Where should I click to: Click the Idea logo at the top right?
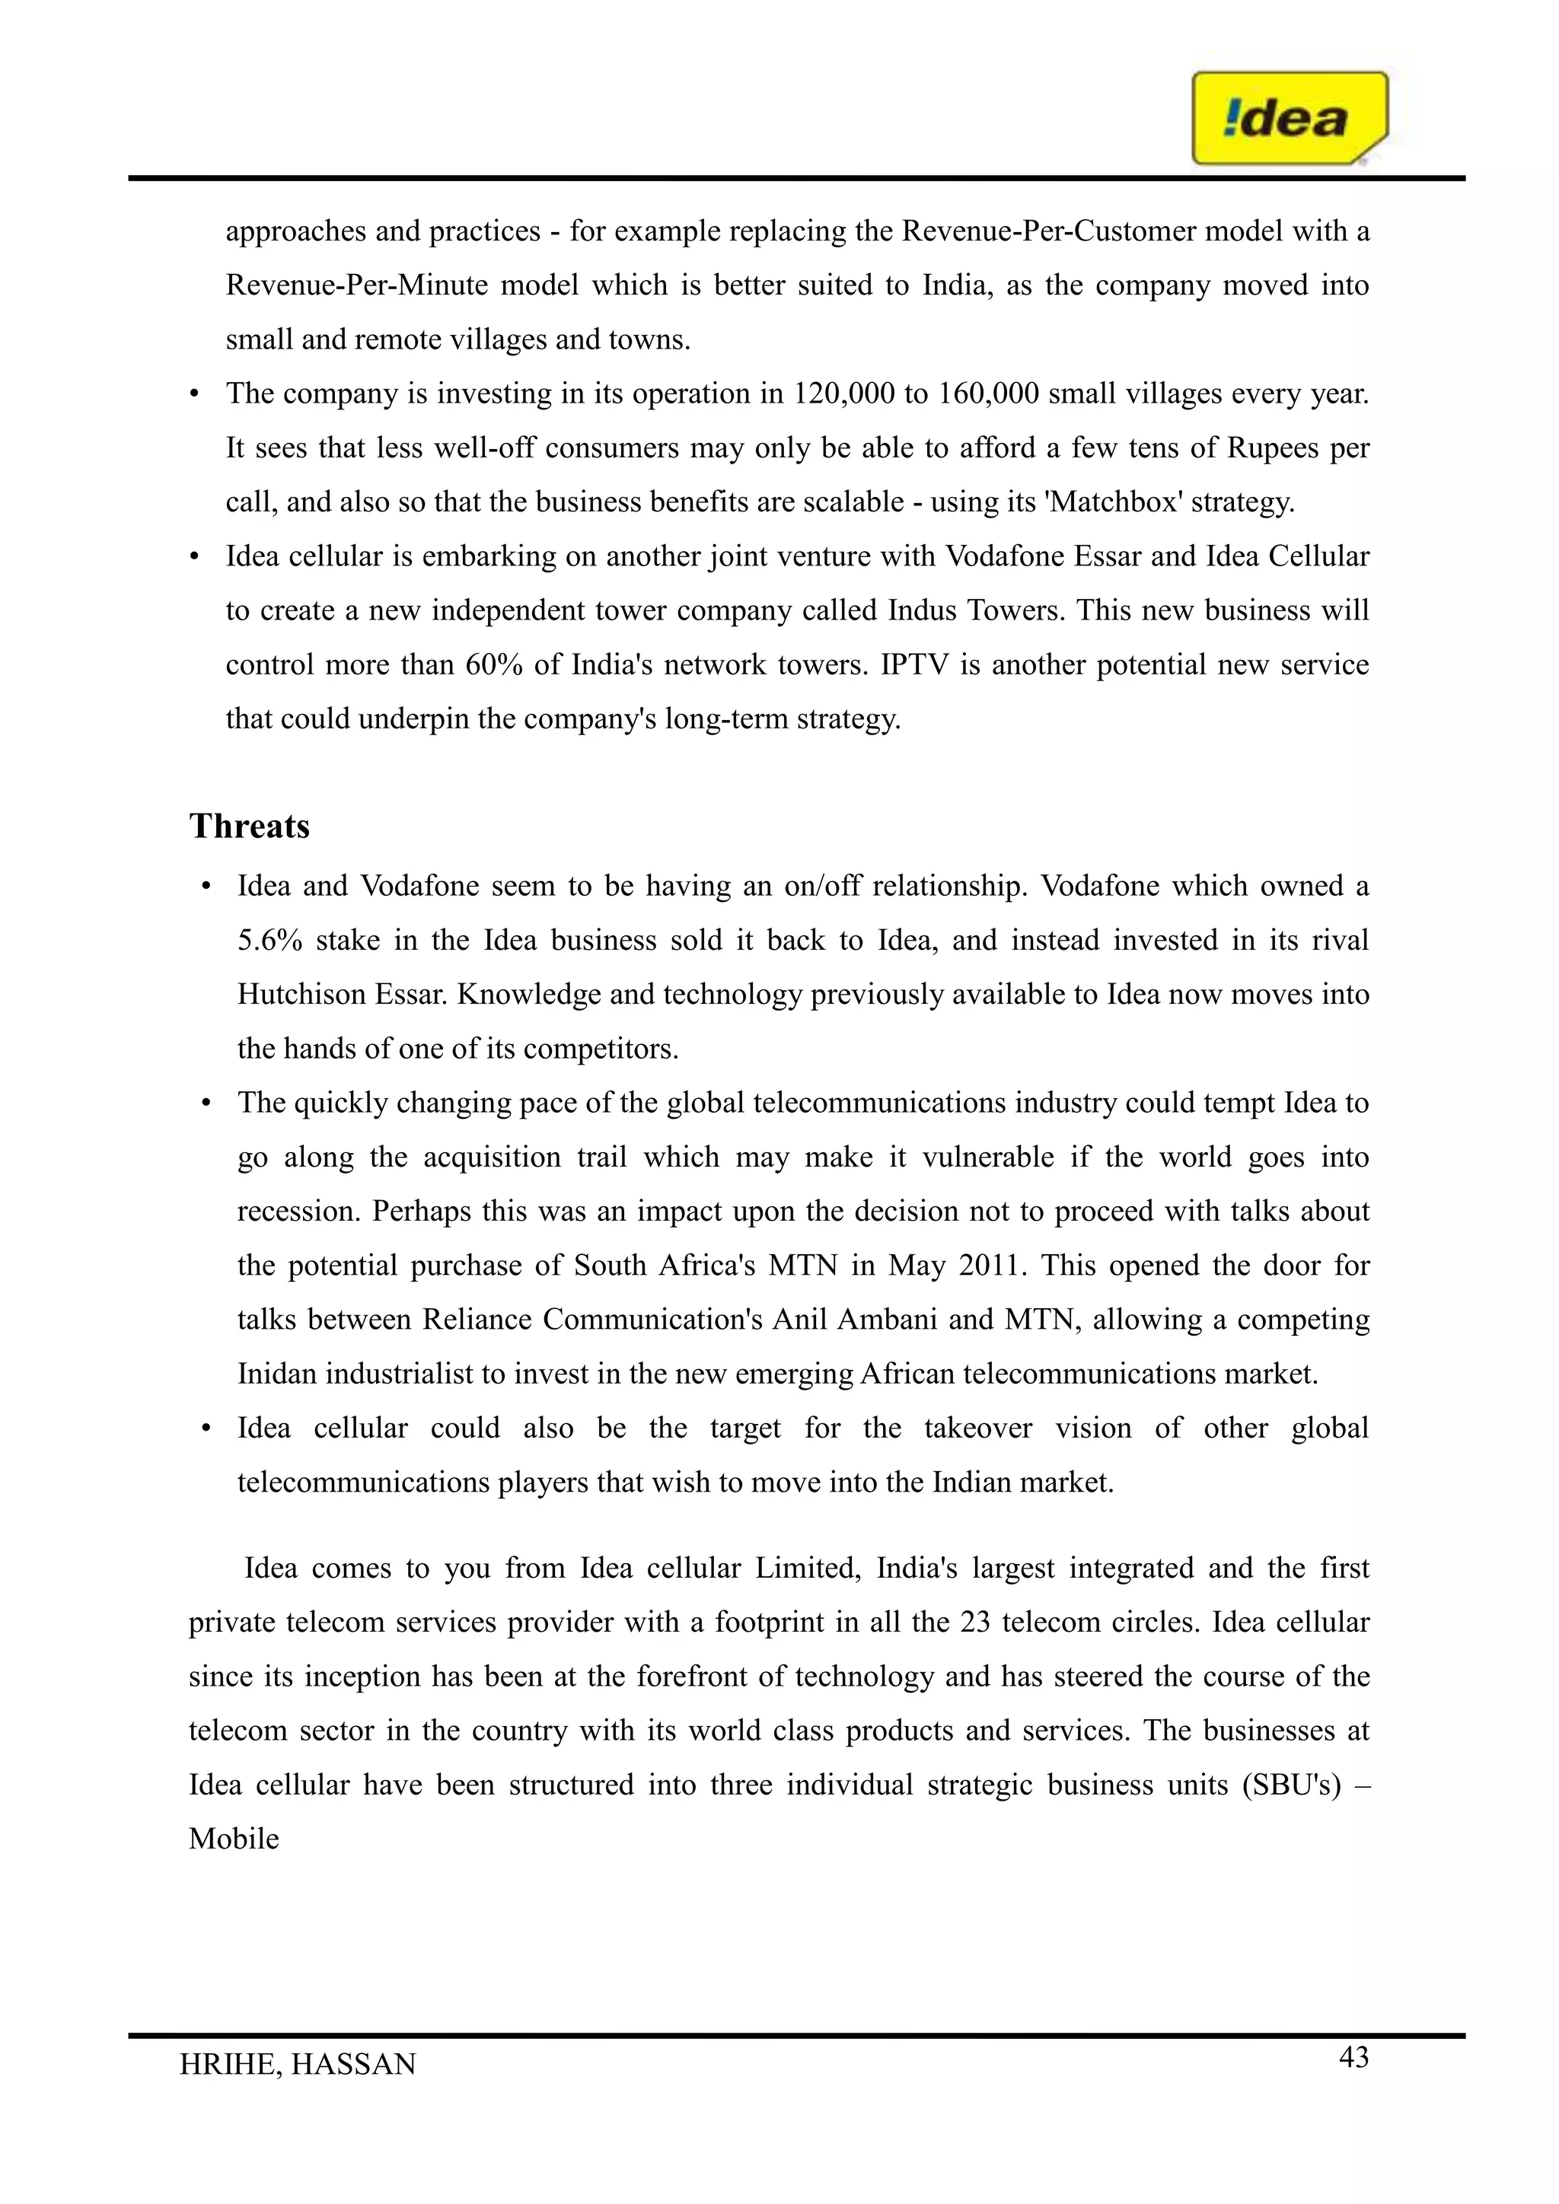[x=1288, y=119]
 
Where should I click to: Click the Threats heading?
[x=250, y=826]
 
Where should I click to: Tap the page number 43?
[x=1353, y=2058]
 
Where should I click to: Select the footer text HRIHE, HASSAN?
[x=298, y=2065]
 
